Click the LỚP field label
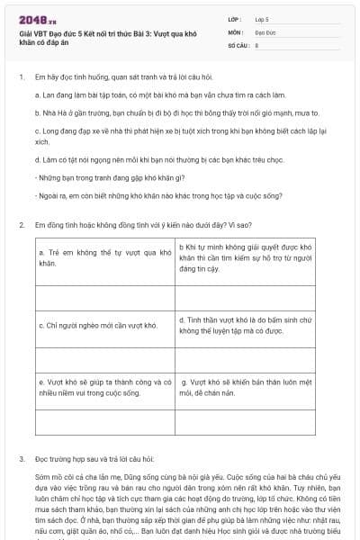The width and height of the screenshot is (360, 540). [x=235, y=18]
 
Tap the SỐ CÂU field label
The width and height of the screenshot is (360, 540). [x=238, y=43]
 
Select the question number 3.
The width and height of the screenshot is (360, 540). [x=21, y=458]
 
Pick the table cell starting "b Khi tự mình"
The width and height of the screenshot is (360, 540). [x=246, y=257]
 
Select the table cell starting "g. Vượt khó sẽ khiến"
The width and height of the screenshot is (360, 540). [x=246, y=387]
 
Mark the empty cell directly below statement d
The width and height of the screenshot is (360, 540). [x=246, y=357]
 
